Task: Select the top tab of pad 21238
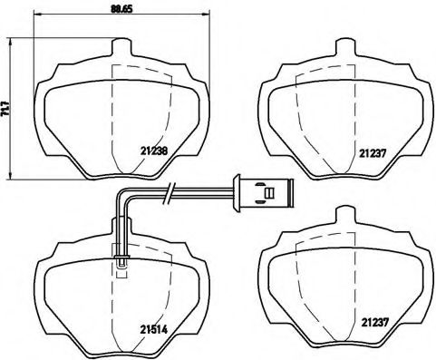pos(121,48)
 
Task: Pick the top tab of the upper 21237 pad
pos(344,48)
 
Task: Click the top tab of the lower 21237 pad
pos(344,215)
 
